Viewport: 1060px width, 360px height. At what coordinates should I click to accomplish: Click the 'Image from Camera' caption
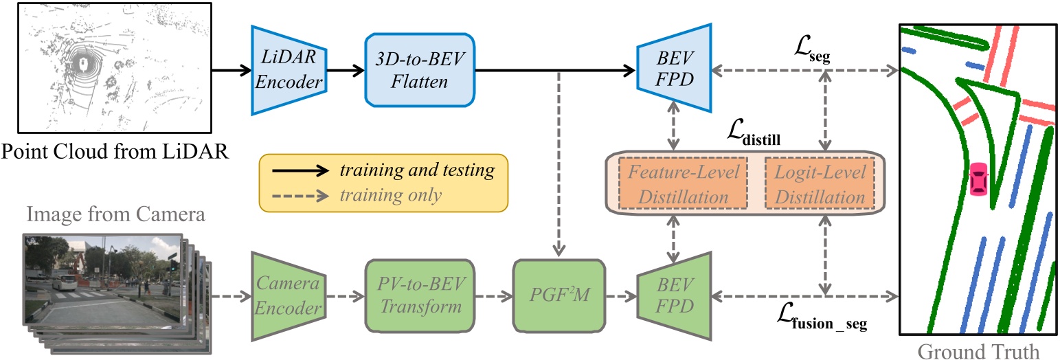(114, 214)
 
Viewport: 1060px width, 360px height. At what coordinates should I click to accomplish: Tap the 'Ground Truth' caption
(978, 350)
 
